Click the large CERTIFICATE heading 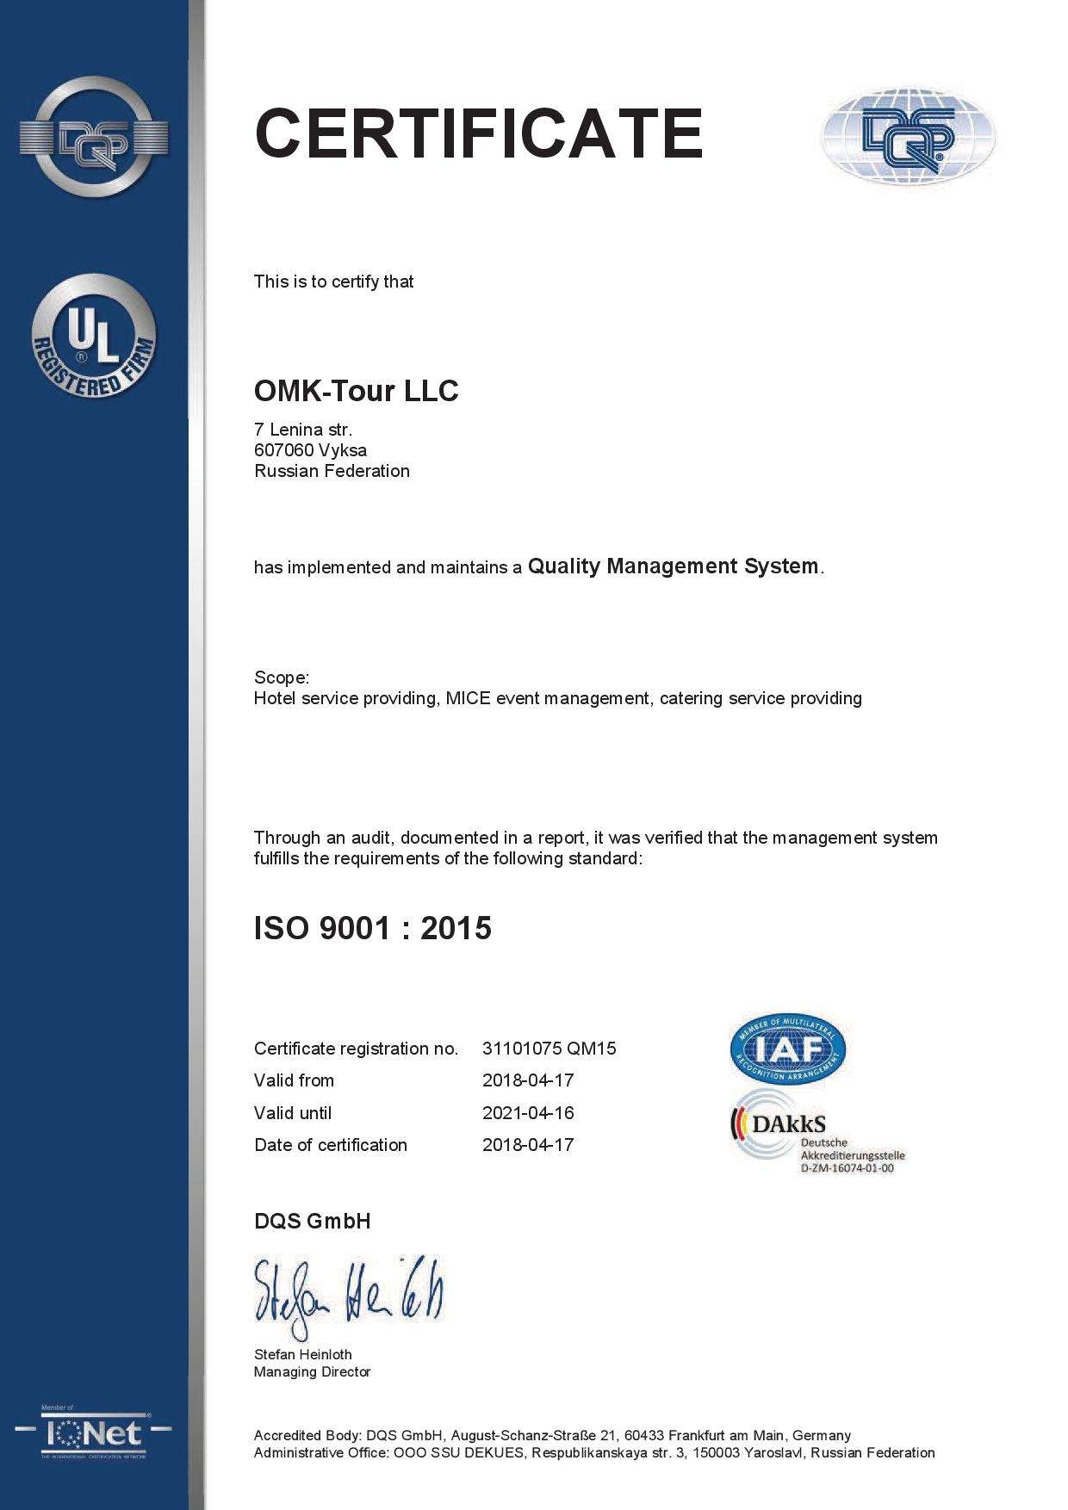(x=479, y=133)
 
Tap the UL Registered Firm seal (x=94, y=337)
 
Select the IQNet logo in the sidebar (x=94, y=1433)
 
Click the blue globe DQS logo (x=909, y=137)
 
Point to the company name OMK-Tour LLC (x=356, y=391)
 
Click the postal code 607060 (x=283, y=450)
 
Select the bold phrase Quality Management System (x=673, y=566)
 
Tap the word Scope (x=280, y=678)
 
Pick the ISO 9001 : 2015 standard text (x=372, y=928)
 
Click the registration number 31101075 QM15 (x=549, y=1049)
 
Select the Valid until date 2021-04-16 (x=528, y=1113)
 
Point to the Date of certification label (x=331, y=1145)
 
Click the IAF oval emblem (x=788, y=1048)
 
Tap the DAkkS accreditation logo (x=817, y=1131)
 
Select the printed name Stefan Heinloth (x=302, y=1354)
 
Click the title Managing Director (x=312, y=1372)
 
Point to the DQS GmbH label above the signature (x=312, y=1222)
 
